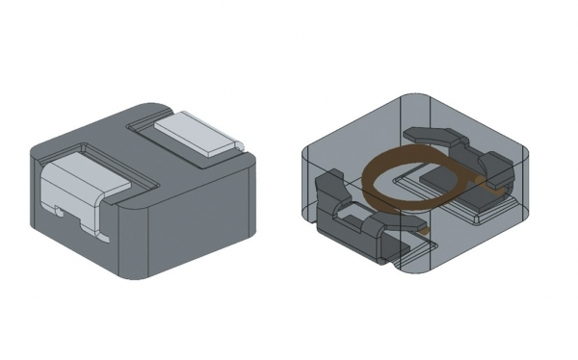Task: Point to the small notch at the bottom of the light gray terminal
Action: (x=59, y=209)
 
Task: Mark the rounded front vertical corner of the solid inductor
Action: (x=130, y=236)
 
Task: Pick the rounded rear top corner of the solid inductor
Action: (x=154, y=105)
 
